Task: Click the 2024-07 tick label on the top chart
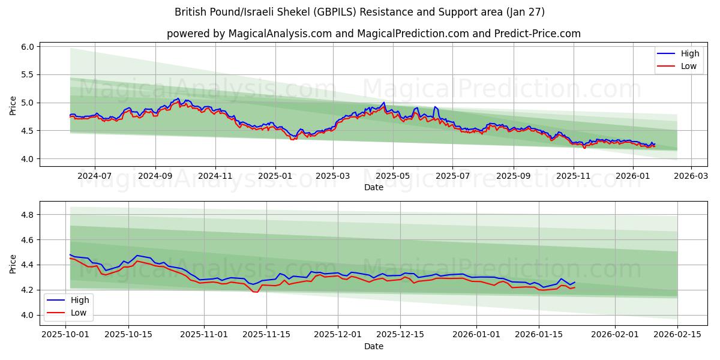95,176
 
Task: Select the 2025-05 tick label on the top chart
393,176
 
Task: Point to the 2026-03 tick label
691,176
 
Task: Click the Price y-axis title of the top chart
13,106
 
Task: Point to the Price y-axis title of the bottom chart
13,263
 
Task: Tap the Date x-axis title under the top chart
373,187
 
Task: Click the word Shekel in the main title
292,12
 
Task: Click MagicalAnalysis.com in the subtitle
280,34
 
